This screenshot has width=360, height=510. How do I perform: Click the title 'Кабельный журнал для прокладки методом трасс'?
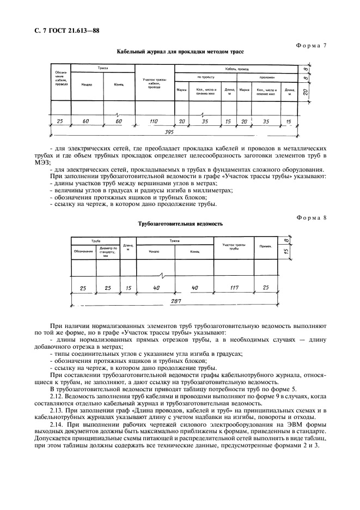coord(180,52)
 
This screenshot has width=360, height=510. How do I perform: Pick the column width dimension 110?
coord(154,122)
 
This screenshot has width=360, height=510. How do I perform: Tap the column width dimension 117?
coord(234,288)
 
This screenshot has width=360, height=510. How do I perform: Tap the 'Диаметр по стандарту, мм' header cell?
coord(108,251)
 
